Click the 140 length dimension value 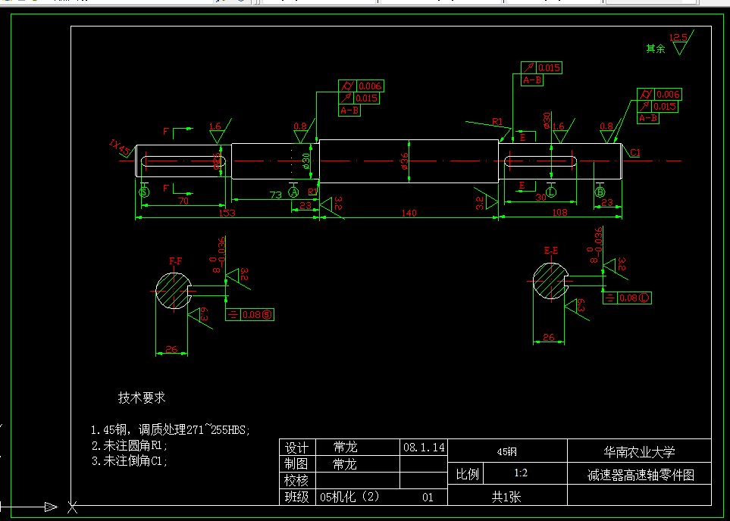point(409,214)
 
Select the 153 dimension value point(227,214)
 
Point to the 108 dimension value point(559,213)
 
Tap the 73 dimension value point(276,195)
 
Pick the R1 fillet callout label point(497,122)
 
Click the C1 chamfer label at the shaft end point(634,153)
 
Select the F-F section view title point(175,260)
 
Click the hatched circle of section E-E point(549,281)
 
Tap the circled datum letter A point(294,193)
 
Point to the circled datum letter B point(600,192)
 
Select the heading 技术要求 point(142,398)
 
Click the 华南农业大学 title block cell point(638,452)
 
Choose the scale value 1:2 point(521,474)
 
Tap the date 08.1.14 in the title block point(424,448)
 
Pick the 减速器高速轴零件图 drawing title point(640,475)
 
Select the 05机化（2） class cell point(349,498)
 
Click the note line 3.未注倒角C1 point(129,460)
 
